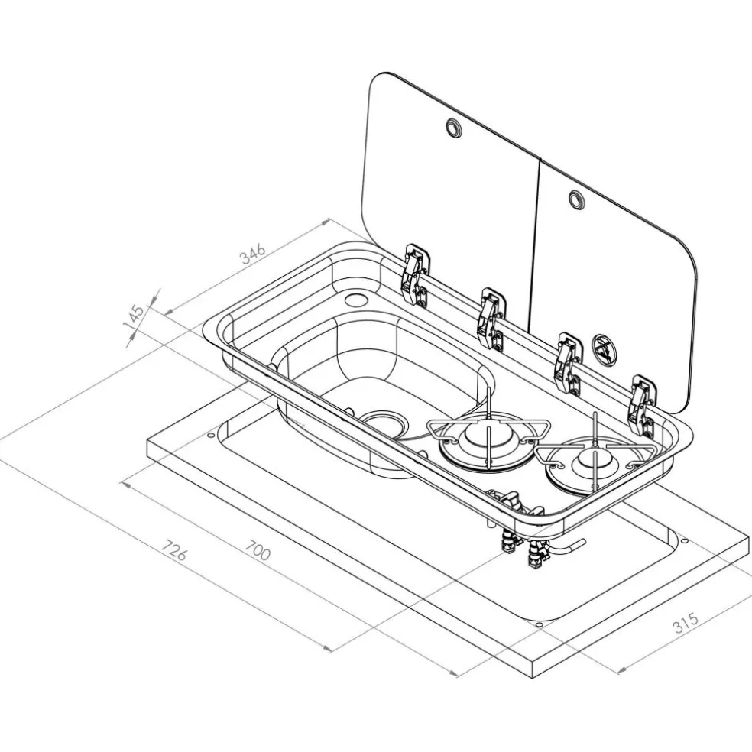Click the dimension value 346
[x=252, y=254]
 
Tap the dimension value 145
[x=134, y=316]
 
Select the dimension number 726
[x=173, y=550]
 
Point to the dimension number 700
[x=258, y=550]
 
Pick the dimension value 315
[x=686, y=623]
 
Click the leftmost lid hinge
[x=414, y=274]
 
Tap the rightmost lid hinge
[x=642, y=407]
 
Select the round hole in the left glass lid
[x=452, y=127]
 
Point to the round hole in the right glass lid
[x=576, y=199]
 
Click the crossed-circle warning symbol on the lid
[x=603, y=347]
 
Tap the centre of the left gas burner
[x=487, y=439]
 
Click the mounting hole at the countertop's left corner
[x=210, y=436]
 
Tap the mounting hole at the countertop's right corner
[x=685, y=541]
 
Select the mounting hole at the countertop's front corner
[x=539, y=625]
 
